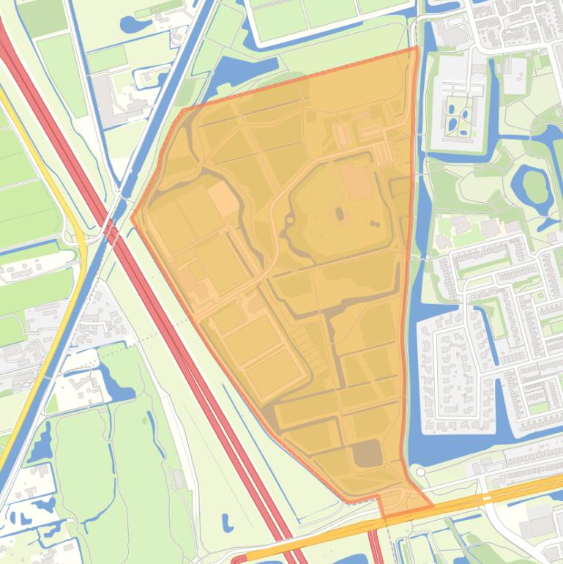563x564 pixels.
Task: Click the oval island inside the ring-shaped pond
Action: [537, 188]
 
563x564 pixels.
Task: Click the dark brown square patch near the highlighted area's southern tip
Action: [367, 454]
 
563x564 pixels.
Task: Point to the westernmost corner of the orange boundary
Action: [132, 217]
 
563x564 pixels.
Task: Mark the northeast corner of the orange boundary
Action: [417, 48]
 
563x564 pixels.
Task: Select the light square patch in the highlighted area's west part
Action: [223, 199]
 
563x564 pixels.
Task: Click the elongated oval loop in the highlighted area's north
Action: [341, 135]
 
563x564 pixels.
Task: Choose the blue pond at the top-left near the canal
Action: [135, 24]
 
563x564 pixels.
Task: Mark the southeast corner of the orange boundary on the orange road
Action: [432, 505]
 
